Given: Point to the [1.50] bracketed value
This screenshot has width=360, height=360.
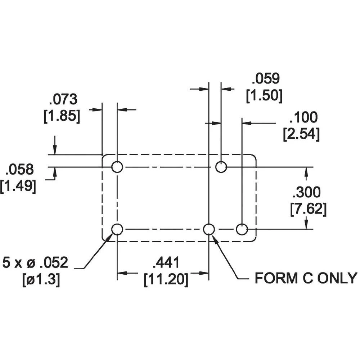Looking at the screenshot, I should pyautogui.click(x=264, y=96).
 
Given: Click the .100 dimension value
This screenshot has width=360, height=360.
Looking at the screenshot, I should pyautogui.click(x=303, y=117).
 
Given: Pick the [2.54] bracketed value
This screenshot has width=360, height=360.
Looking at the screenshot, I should pyautogui.click(x=301, y=134).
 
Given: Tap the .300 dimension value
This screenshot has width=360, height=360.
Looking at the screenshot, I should pyautogui.click(x=306, y=193).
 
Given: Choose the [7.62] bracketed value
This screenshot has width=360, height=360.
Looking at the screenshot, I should pyautogui.click(x=309, y=210).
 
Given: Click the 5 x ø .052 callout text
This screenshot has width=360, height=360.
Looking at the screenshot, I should pyautogui.click(x=35, y=263).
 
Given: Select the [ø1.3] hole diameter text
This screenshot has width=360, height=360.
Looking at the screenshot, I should pyautogui.click(x=41, y=280).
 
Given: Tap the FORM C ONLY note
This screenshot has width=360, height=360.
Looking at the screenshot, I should pyautogui.click(x=306, y=278).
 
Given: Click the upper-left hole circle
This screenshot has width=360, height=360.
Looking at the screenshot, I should pyautogui.click(x=117, y=167).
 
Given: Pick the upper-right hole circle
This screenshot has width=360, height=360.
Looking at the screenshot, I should pyautogui.click(x=221, y=167).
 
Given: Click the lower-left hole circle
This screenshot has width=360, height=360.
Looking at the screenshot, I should pyautogui.click(x=117, y=229).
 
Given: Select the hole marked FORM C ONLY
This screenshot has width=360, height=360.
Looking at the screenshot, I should pyautogui.click(x=209, y=229).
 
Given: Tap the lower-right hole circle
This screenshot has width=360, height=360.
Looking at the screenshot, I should pyautogui.click(x=242, y=229).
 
